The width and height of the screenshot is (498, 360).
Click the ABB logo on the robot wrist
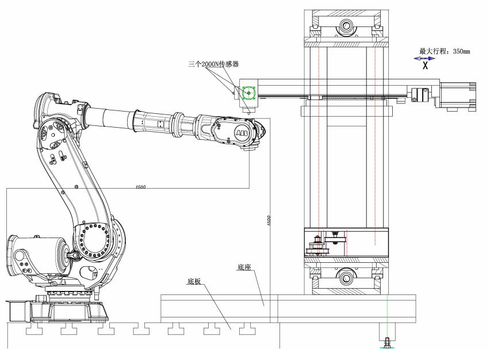click(x=241, y=133)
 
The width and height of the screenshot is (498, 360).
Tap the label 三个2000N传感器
click(x=213, y=64)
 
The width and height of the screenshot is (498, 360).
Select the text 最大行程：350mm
click(x=445, y=51)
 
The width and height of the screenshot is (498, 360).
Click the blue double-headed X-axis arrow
click(x=424, y=59)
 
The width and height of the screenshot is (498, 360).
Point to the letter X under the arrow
click(x=426, y=66)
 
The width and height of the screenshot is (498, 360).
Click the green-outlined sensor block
click(x=248, y=93)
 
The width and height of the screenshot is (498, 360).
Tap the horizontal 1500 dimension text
click(x=140, y=186)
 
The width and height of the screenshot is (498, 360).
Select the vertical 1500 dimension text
click(x=269, y=220)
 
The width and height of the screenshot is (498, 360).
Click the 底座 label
click(x=244, y=267)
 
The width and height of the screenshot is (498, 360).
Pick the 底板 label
click(x=194, y=281)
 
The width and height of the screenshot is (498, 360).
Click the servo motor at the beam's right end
click(x=458, y=96)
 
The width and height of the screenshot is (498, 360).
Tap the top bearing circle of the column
click(x=346, y=25)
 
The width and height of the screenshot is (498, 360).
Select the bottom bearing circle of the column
click(x=346, y=278)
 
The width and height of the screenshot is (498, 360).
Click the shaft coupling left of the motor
click(x=417, y=94)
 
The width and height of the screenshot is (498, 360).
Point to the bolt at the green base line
click(x=387, y=343)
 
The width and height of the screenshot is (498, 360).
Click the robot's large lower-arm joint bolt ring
click(x=93, y=242)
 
